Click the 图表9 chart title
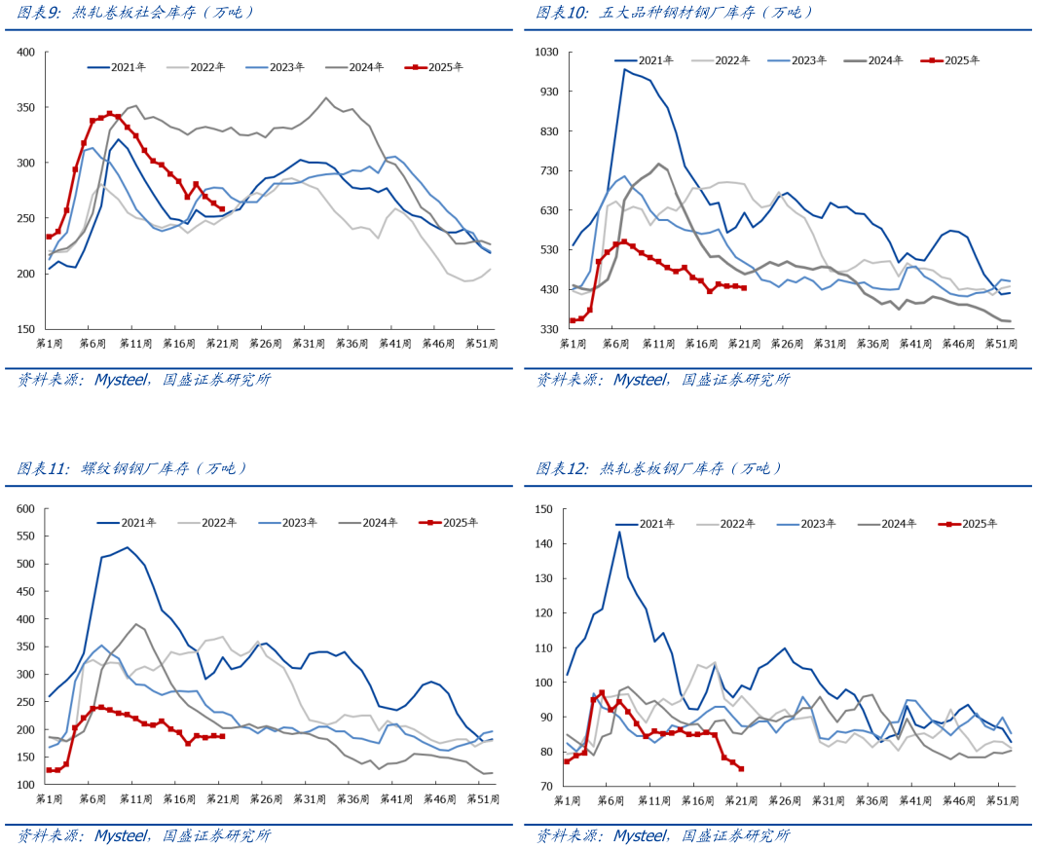(135, 13)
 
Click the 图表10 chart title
(674, 13)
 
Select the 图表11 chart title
(131, 468)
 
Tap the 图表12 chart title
(659, 468)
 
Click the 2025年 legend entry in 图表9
(439, 67)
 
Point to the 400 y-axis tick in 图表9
(25, 52)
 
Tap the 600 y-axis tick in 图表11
(25, 508)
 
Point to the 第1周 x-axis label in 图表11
(50, 799)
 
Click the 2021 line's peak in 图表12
(619, 531)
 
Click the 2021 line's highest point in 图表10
(624, 69)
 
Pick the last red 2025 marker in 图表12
(741, 769)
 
